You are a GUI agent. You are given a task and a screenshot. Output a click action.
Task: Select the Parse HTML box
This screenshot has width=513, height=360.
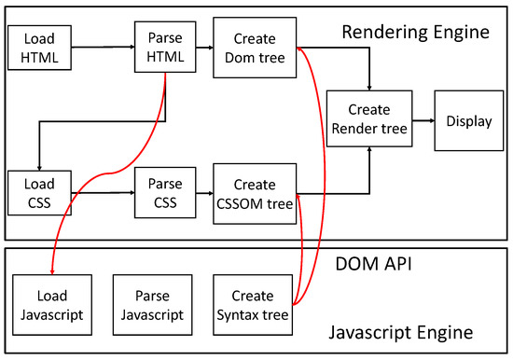point(165,48)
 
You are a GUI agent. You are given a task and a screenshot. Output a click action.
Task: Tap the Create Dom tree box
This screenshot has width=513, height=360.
point(250,48)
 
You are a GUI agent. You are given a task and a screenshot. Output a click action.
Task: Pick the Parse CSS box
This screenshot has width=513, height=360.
point(165,192)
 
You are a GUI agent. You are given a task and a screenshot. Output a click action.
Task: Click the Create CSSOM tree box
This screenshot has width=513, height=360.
point(251,192)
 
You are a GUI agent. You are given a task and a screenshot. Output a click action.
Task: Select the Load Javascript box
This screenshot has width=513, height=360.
point(51,305)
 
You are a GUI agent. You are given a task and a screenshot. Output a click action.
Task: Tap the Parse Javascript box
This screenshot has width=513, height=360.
point(150,305)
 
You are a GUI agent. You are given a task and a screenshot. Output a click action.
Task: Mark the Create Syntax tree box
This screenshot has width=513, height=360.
point(251,305)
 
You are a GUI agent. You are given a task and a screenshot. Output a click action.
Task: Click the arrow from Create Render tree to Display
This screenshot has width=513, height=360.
point(423,120)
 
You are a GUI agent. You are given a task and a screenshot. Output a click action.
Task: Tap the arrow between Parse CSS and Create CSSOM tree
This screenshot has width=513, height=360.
point(204,193)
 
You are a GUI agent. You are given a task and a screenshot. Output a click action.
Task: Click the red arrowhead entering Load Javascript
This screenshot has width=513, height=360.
point(51,270)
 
